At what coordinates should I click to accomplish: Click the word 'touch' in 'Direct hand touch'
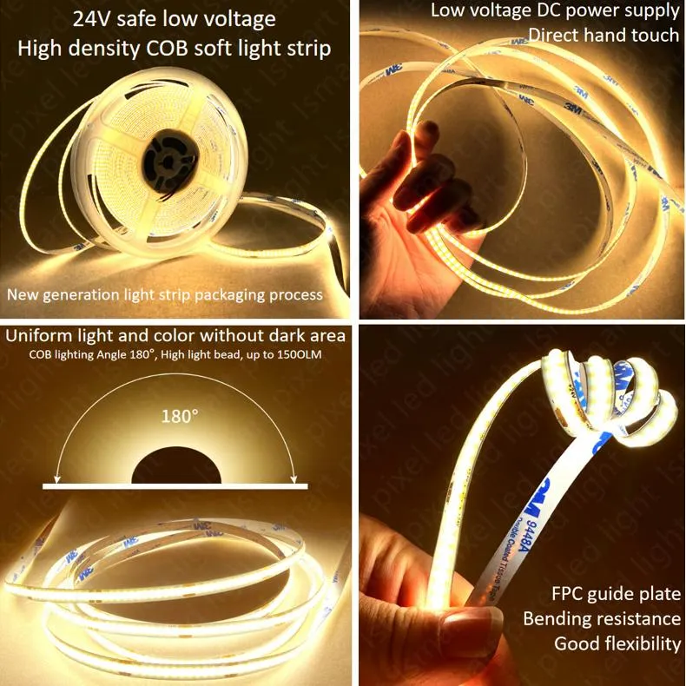[652, 35]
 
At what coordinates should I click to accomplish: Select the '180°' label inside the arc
[180, 416]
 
